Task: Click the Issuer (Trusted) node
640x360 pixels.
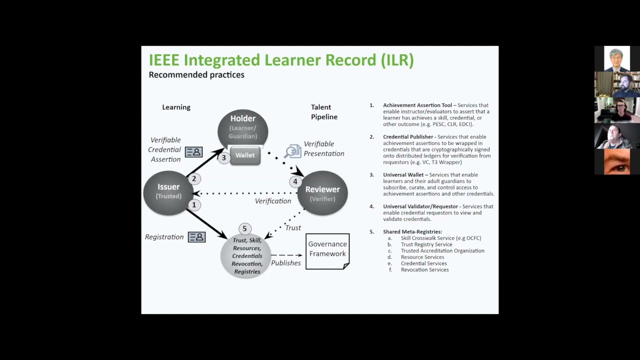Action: click(x=168, y=191)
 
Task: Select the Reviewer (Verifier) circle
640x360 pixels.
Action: click(x=322, y=193)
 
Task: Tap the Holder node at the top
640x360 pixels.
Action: click(x=243, y=127)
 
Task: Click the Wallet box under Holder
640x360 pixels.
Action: click(x=245, y=155)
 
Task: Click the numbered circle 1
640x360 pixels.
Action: click(x=194, y=204)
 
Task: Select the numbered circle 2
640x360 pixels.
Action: click(x=194, y=178)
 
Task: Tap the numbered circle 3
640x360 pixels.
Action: click(x=223, y=157)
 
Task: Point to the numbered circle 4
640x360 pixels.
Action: click(x=295, y=181)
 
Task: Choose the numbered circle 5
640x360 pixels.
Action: click(x=244, y=228)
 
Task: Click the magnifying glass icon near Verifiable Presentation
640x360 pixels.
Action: click(x=292, y=151)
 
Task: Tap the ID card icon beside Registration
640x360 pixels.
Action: click(x=196, y=237)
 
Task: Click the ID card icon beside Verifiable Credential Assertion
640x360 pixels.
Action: click(x=193, y=151)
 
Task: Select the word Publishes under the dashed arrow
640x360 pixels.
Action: click(x=286, y=263)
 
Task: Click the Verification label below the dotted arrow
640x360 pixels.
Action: click(x=273, y=201)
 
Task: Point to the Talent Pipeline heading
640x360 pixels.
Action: click(x=324, y=112)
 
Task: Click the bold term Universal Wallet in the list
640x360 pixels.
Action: click(x=403, y=175)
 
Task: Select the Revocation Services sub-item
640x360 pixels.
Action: click(x=424, y=270)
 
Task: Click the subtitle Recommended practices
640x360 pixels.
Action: click(x=196, y=75)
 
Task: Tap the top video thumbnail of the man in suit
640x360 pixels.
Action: click(x=616, y=58)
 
